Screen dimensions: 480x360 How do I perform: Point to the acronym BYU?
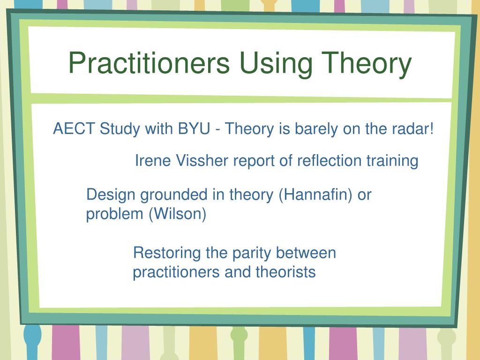(x=194, y=128)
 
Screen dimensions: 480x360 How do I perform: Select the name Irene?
(x=153, y=160)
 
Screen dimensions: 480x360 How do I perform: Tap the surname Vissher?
(x=202, y=160)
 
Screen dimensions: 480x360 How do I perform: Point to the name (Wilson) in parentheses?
(x=178, y=214)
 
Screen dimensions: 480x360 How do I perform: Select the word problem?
(x=114, y=214)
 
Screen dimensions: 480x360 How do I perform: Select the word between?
(x=306, y=253)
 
